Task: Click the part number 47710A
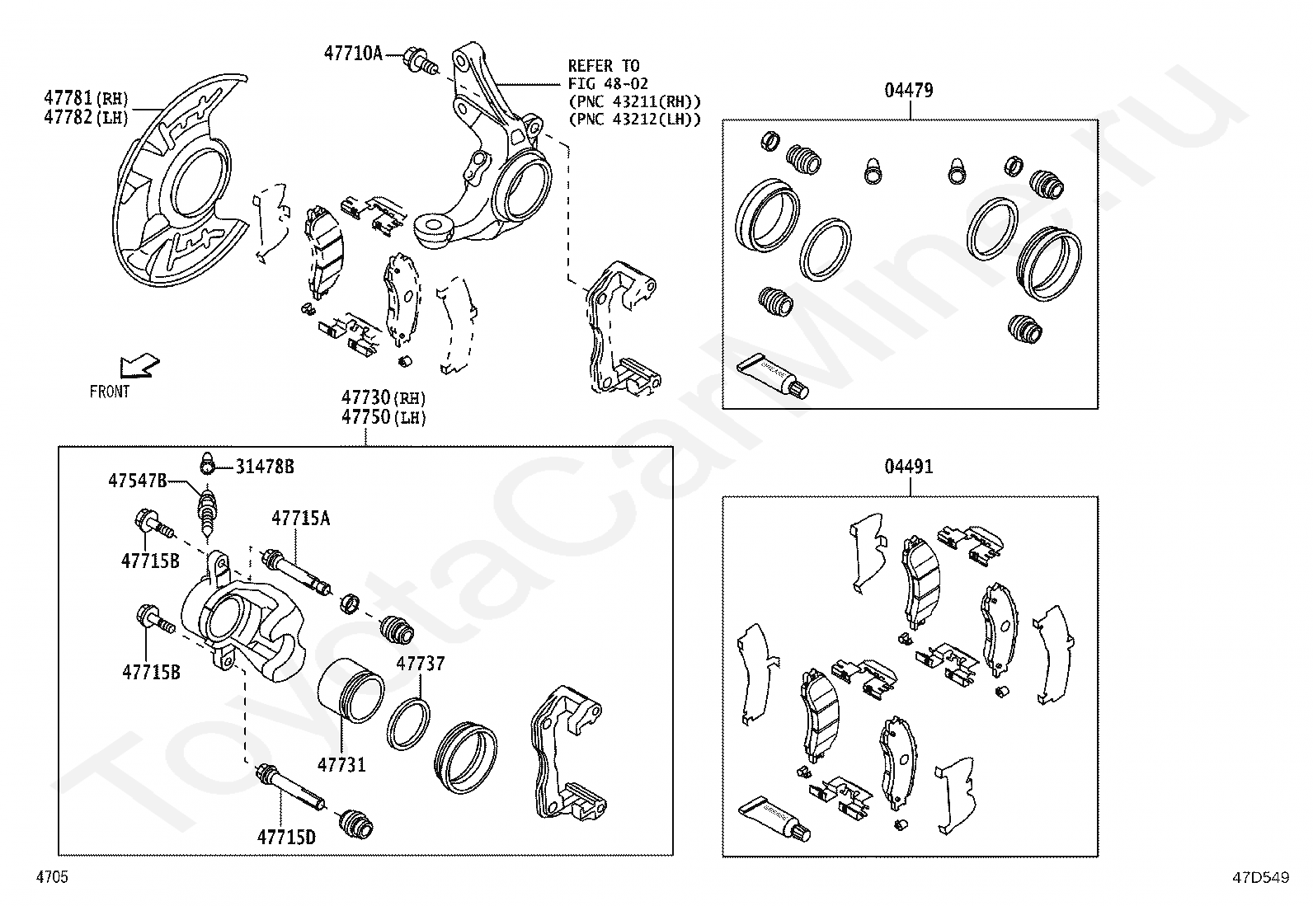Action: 353,54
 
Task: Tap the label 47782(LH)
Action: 87,117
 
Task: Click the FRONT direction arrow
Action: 138,364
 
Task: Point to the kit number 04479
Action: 909,91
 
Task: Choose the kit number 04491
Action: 909,467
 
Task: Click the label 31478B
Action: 265,467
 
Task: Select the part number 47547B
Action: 138,481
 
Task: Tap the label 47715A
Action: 301,519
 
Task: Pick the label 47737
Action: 420,664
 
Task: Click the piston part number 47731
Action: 342,765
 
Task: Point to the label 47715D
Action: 286,837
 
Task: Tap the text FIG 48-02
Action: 609,83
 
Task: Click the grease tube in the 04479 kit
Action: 774,376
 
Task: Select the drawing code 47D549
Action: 1260,878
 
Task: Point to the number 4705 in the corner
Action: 51,877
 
